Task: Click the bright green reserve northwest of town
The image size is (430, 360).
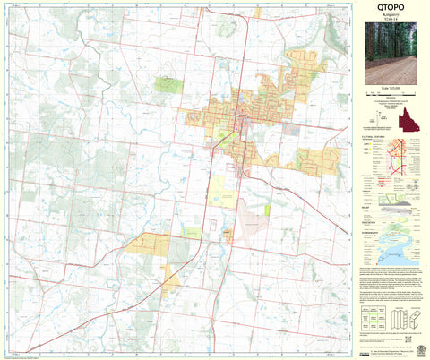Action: [167, 85]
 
